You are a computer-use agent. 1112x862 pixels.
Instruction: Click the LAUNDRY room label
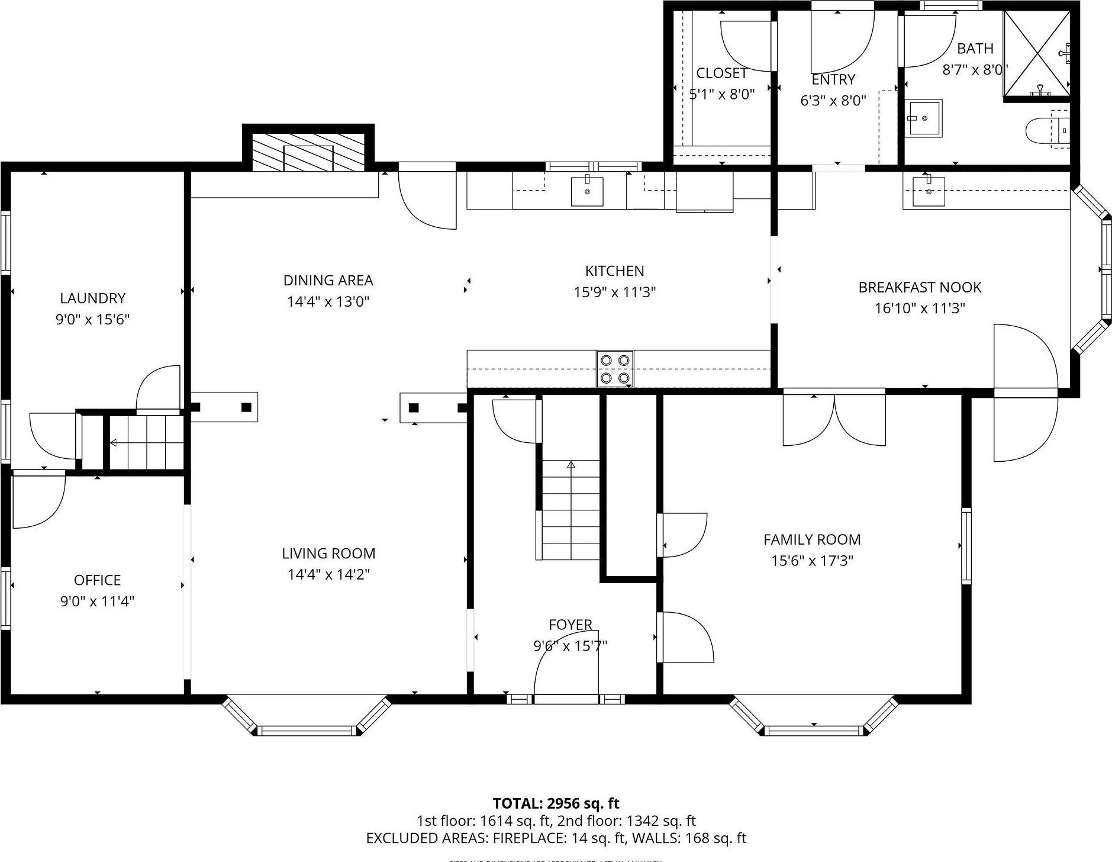click(92, 298)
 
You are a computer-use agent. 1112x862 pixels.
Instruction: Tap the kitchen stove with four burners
click(614, 369)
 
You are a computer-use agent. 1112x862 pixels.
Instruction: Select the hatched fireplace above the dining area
click(308, 152)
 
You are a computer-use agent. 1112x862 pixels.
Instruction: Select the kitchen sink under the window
click(586, 191)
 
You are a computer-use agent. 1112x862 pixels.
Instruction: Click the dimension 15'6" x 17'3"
click(811, 560)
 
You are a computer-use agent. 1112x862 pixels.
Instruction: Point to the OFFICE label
click(97, 580)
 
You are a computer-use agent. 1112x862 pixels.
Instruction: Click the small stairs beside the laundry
click(146, 442)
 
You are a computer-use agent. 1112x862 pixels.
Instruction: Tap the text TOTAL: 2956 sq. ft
click(556, 803)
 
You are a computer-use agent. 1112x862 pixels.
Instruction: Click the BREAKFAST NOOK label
click(920, 287)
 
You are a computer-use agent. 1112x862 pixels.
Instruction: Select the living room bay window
click(307, 718)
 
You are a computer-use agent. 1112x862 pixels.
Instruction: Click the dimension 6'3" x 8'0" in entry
click(833, 101)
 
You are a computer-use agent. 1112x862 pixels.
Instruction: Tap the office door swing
click(37, 500)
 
